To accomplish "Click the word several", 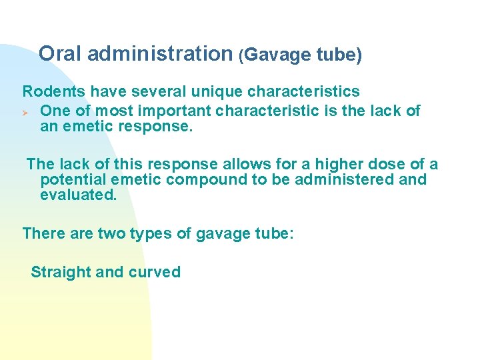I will (148, 91).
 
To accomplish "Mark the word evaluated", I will (78, 195).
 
